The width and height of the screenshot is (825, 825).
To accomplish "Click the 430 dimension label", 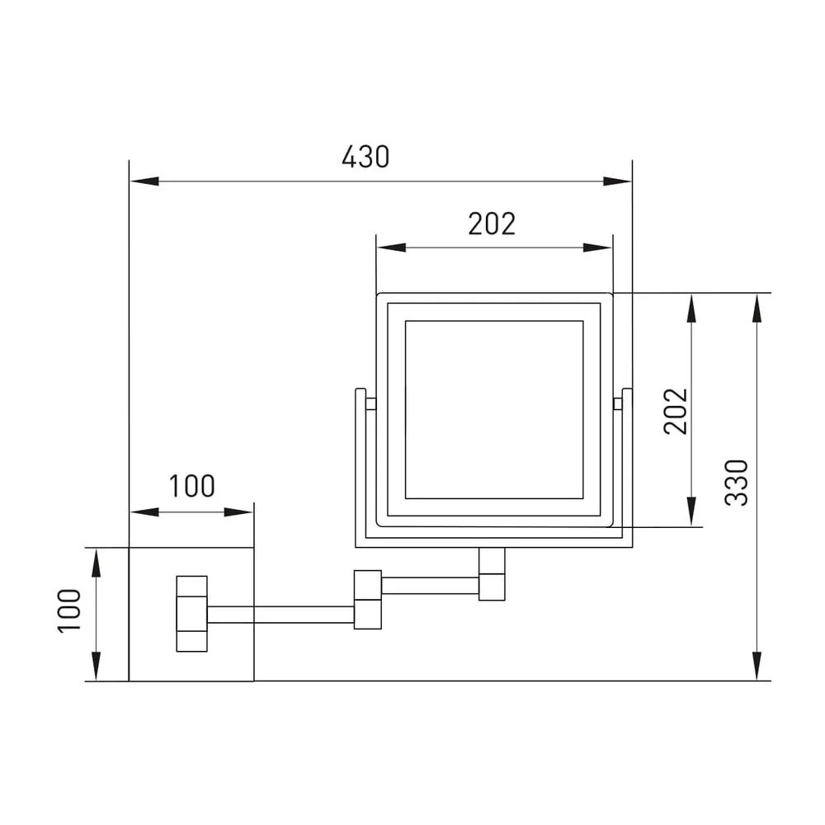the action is click(365, 157).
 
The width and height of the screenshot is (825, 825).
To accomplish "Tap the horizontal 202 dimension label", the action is click(492, 224).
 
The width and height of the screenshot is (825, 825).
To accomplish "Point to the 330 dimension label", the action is click(736, 483).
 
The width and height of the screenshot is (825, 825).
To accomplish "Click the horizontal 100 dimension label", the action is click(192, 486).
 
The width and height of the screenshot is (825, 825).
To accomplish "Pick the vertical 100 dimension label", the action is click(69, 610).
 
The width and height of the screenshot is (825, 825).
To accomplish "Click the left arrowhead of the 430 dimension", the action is click(144, 181).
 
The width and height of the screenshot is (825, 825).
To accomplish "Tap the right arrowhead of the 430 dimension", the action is click(617, 181).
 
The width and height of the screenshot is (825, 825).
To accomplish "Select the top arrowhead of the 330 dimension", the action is click(757, 308).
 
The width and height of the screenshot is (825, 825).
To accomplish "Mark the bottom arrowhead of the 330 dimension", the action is click(757, 666).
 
